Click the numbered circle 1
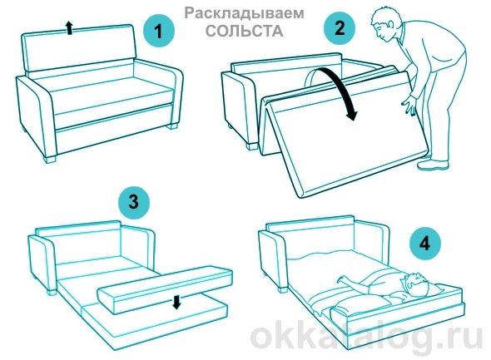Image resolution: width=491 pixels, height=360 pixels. [x=157, y=33]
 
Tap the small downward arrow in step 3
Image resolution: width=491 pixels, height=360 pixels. [x=176, y=300]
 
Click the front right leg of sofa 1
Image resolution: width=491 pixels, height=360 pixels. [x=173, y=127]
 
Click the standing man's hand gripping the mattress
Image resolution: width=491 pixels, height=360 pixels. [x=408, y=106]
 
